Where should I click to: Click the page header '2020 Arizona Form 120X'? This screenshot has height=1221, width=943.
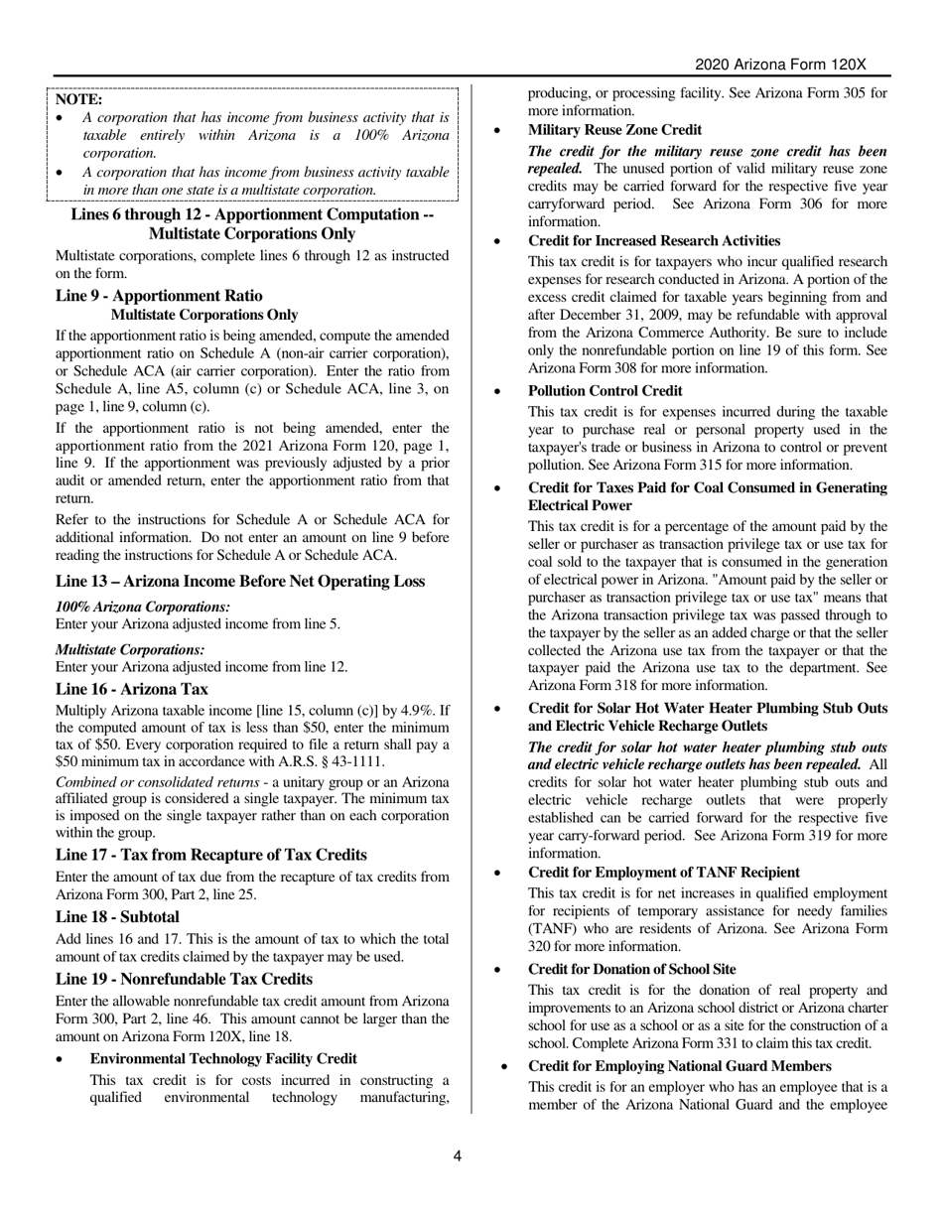click(x=780, y=65)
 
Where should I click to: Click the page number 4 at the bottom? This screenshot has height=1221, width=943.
click(x=458, y=1155)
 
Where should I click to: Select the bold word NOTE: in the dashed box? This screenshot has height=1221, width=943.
click(x=78, y=99)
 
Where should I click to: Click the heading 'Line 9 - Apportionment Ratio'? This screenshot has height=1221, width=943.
click(x=159, y=296)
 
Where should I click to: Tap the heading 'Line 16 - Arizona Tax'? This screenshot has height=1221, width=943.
click(x=132, y=689)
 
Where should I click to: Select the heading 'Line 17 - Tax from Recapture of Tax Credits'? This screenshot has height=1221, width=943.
click(x=211, y=855)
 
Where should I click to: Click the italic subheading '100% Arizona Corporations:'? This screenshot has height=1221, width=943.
click(x=143, y=607)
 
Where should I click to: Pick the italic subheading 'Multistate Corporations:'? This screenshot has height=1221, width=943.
click(x=130, y=649)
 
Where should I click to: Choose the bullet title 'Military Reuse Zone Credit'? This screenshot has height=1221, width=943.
click(x=614, y=130)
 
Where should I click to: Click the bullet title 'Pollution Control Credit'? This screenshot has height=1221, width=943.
click(x=606, y=390)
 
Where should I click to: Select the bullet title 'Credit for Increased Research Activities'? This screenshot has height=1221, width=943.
click(x=654, y=241)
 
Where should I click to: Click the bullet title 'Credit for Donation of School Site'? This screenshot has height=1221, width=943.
click(x=632, y=969)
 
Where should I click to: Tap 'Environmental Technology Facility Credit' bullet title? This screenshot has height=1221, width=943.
click(x=223, y=1058)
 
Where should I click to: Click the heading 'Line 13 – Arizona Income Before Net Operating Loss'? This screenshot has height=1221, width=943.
click(x=240, y=582)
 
